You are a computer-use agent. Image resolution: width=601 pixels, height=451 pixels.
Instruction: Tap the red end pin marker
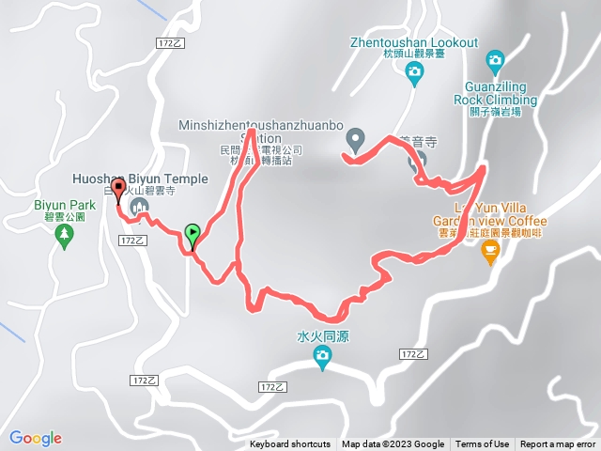118,191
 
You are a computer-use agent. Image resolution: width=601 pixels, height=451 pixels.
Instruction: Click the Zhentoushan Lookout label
414,42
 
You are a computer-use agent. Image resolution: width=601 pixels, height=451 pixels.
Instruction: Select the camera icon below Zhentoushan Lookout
414,76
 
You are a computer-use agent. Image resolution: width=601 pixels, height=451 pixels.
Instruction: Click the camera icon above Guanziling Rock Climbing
495,62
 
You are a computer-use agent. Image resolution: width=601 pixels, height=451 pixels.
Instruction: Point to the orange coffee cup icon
489,250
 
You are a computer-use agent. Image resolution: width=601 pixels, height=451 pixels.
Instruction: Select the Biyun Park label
65,204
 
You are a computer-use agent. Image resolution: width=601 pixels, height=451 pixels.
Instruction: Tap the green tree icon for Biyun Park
64,236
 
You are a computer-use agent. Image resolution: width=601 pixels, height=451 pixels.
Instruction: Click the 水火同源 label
322,334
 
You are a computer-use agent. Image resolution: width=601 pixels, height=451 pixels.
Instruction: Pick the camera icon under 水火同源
322,355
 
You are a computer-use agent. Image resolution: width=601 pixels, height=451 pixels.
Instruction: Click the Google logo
36,438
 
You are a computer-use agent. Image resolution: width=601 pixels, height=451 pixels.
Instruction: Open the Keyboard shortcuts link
290,444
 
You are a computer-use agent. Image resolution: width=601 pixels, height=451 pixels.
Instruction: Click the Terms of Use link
483,444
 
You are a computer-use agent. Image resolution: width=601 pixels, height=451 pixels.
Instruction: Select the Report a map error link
559,444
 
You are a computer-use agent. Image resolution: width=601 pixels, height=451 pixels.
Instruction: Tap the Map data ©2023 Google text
393,444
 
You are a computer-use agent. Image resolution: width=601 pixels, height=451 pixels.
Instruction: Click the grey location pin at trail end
355,141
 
